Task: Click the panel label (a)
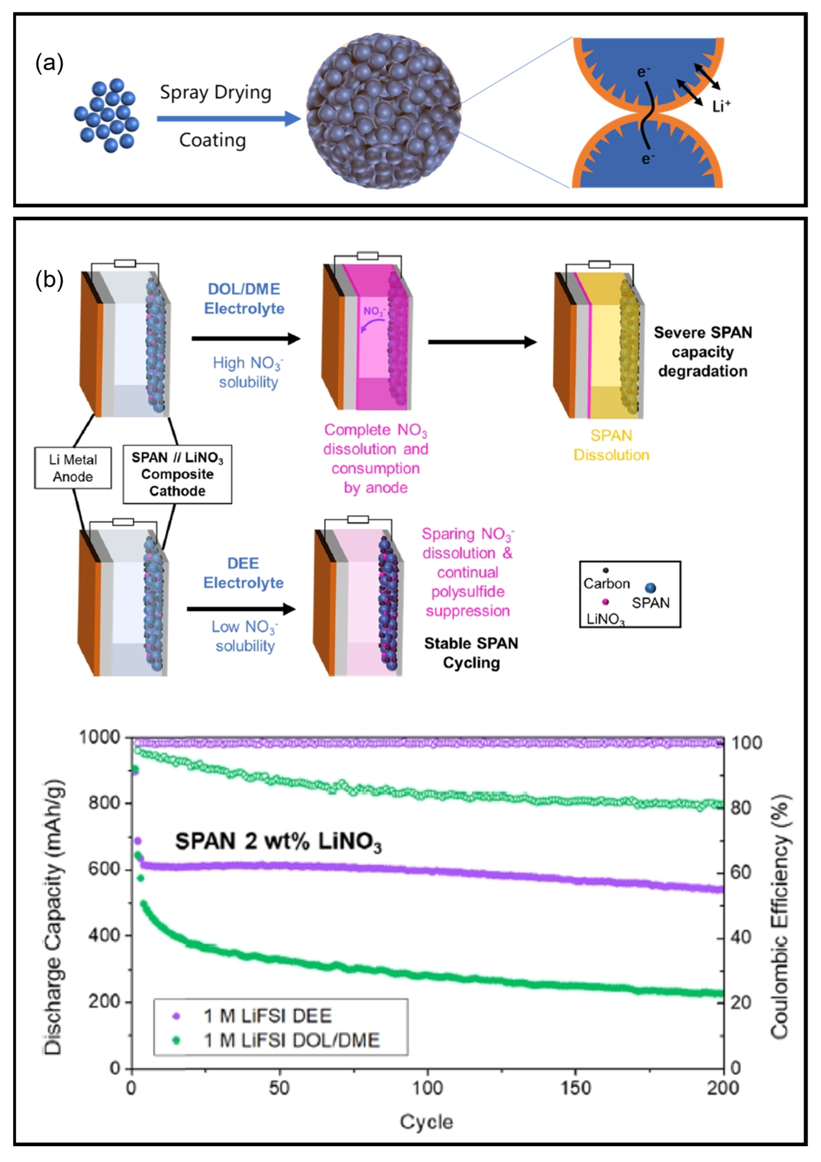pyautogui.click(x=49, y=64)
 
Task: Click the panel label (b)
pyautogui.click(x=49, y=280)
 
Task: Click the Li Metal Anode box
pyautogui.click(x=73, y=468)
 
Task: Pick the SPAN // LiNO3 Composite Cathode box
pyautogui.click(x=177, y=474)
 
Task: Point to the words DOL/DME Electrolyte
pyautogui.click(x=244, y=299)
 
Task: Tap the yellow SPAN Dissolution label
pyautogui.click(x=611, y=445)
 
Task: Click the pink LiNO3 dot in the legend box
pyautogui.click(x=606, y=602)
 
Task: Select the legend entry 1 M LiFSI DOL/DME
pyautogui.click(x=291, y=1040)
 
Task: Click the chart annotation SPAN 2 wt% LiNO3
pyautogui.click(x=278, y=842)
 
